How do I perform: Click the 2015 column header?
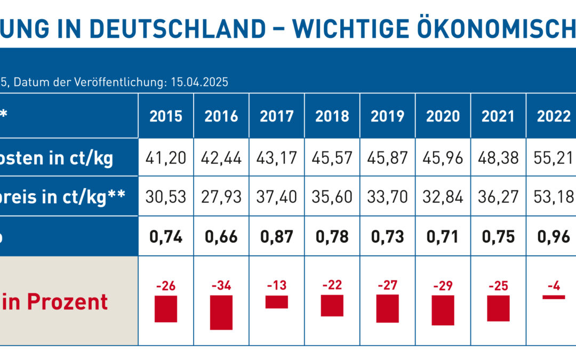[x=166, y=116]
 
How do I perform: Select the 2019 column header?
[x=388, y=116]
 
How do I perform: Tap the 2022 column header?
[x=554, y=116]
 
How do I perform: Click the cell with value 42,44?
[x=221, y=158]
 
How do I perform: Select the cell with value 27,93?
[x=221, y=196]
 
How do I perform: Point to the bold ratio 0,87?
[x=277, y=236]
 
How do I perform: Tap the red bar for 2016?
[x=221, y=312]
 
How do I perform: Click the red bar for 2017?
[x=277, y=302]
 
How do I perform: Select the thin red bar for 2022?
[x=554, y=297]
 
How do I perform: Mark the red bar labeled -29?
[x=443, y=310]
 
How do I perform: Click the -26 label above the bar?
[x=166, y=286]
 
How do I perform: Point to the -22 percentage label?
[x=332, y=285]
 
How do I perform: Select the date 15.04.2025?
[x=198, y=83]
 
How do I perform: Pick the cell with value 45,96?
[x=443, y=158]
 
